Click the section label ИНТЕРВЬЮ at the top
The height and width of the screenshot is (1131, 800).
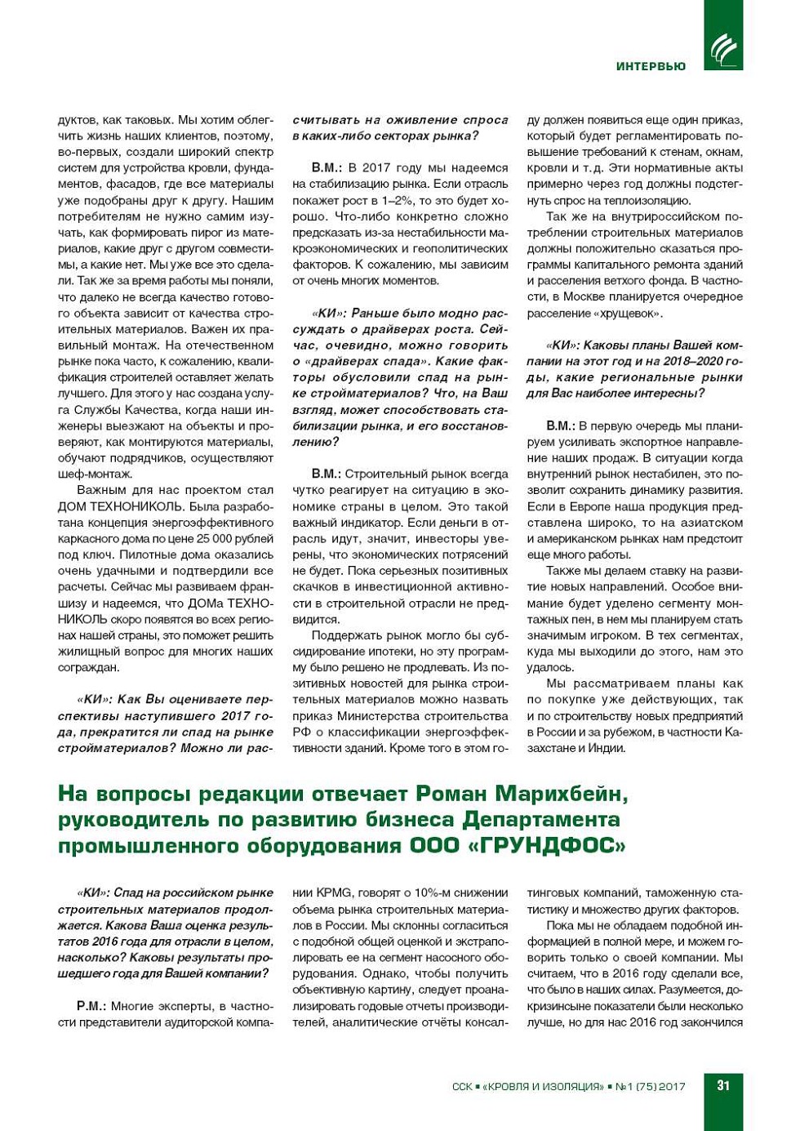point(651,66)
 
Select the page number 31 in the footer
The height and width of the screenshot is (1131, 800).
point(723,1085)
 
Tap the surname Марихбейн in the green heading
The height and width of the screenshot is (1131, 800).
point(562,793)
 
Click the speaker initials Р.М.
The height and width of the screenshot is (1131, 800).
point(91,1006)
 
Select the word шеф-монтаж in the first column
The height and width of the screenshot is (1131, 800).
point(95,474)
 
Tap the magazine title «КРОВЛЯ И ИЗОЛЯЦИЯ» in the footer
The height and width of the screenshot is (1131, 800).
point(543,1087)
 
